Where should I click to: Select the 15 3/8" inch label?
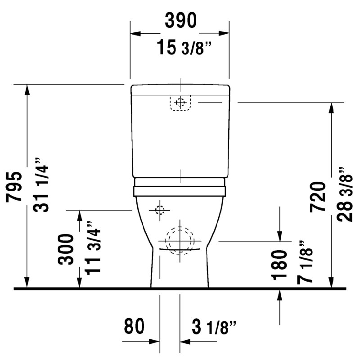click(184, 47)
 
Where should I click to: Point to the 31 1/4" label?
click(40, 184)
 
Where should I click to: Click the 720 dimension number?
click(318, 197)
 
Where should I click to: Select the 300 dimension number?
click(66, 249)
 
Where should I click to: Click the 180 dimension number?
click(280, 265)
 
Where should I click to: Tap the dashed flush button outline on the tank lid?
click(180, 103)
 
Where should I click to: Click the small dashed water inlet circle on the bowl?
click(159, 210)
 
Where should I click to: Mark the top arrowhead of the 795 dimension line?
click(27, 89)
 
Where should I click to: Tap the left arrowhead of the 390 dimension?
click(135, 33)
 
